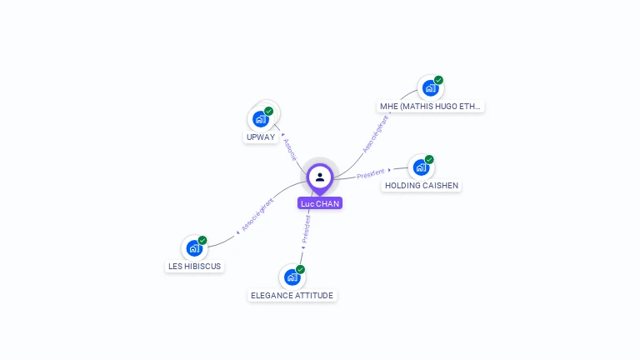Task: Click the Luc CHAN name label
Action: pos(320,203)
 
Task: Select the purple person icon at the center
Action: pos(320,177)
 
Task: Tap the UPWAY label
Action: pos(261,137)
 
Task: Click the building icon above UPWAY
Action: pos(260,119)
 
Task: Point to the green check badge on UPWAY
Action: pos(269,111)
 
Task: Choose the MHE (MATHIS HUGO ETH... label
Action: pos(431,107)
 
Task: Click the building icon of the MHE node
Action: pos(430,88)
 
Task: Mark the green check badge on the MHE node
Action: pos(439,80)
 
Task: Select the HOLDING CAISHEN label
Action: pos(422,186)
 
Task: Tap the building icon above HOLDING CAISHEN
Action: pos(421,167)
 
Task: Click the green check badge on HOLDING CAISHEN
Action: pos(430,159)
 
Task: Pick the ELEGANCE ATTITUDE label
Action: pos(292,296)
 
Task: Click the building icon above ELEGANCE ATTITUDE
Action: pos(292,277)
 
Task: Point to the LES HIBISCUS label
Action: pos(195,267)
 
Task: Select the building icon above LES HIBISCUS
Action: pos(194,248)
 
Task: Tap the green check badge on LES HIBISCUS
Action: pos(202,240)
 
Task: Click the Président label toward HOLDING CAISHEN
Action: pos(371,173)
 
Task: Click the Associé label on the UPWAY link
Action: pos(289,149)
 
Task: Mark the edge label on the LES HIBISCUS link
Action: pos(257,215)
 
